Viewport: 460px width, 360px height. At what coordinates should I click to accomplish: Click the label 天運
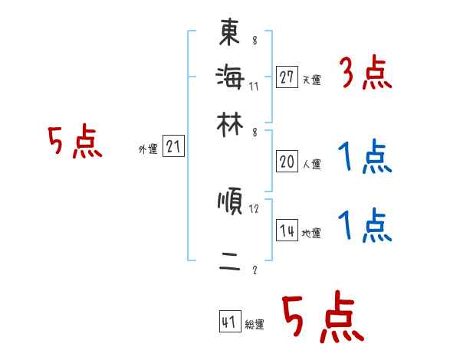coord(311,80)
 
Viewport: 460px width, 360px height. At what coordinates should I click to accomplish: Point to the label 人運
coord(311,164)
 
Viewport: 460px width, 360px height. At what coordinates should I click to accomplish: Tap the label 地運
coord(311,234)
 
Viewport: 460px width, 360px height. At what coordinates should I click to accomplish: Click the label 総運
coord(255,325)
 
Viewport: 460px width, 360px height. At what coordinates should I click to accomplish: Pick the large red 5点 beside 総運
coord(322,318)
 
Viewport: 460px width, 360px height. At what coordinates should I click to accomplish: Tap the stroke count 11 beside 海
coord(254,86)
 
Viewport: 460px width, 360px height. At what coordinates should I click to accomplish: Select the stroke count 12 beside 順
coord(255,208)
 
